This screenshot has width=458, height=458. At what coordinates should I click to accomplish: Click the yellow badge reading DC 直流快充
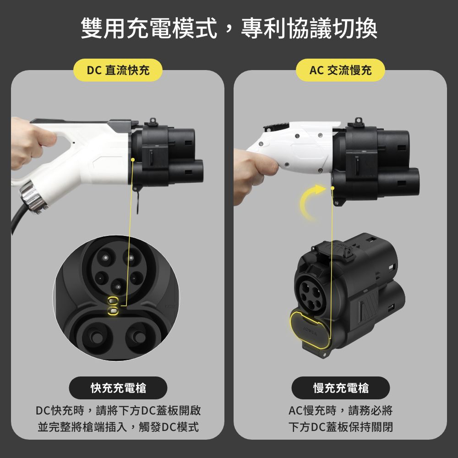click(x=118, y=70)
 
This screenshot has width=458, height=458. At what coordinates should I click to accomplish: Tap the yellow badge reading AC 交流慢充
click(x=340, y=70)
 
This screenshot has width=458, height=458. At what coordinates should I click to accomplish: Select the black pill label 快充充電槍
click(x=118, y=388)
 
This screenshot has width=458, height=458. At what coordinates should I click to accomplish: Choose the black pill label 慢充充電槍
click(x=341, y=388)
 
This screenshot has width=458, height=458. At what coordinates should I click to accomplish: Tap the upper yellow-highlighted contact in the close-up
click(x=113, y=300)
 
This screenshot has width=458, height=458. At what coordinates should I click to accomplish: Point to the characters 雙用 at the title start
click(x=104, y=28)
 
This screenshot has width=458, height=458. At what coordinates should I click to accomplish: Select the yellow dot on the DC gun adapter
click(x=133, y=160)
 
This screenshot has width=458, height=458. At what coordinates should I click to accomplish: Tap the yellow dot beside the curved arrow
click(x=333, y=188)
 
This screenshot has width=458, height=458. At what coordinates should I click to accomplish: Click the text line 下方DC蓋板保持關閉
click(x=341, y=427)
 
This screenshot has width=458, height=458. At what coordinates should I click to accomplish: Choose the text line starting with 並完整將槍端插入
click(x=118, y=427)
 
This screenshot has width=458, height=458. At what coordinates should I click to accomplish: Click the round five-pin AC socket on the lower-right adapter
click(x=311, y=294)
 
